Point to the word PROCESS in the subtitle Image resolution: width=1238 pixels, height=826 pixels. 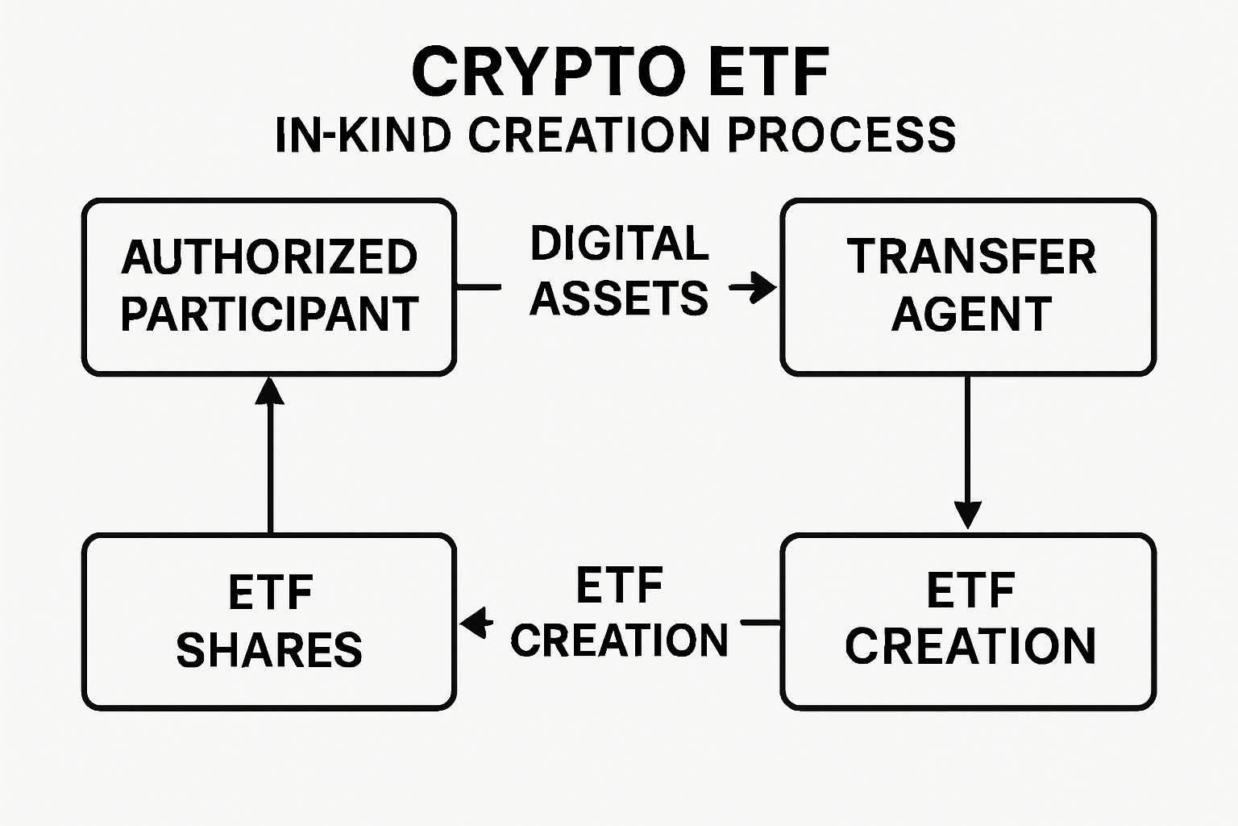(841, 135)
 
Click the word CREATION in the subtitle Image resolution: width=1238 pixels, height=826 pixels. (589, 135)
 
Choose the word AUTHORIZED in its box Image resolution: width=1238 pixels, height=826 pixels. (269, 257)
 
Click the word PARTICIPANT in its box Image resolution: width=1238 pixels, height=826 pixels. (269, 314)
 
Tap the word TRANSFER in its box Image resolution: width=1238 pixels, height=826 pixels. (970, 257)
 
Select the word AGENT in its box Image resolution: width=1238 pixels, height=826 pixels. (970, 314)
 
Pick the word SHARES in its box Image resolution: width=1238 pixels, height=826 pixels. (269, 650)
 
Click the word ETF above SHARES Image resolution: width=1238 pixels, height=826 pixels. (269, 594)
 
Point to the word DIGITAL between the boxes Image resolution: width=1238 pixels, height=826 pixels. (619, 244)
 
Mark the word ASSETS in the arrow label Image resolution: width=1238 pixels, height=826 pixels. (619, 298)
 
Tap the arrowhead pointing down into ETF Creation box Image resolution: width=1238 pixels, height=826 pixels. (967, 515)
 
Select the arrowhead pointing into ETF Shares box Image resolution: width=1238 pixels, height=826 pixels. (475, 623)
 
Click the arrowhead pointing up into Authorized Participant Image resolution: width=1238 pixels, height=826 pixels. (270, 392)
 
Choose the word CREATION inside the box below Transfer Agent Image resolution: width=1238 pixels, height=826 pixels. (970, 646)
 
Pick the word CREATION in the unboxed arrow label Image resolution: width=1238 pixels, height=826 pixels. (619, 640)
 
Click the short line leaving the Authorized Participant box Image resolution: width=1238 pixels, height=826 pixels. (479, 286)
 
